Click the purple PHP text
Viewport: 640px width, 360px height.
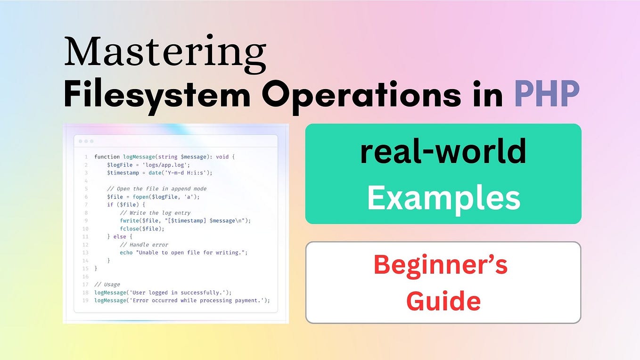(547, 93)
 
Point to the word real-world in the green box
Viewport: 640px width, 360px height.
(443, 151)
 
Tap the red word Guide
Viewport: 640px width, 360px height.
(443, 301)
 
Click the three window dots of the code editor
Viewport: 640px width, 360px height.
(86, 141)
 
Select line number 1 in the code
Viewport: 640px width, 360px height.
(86, 157)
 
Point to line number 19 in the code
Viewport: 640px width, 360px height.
(85, 301)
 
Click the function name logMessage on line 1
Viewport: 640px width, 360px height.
(139, 157)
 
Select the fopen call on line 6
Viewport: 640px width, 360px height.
(166, 197)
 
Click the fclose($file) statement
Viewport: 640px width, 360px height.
(142, 229)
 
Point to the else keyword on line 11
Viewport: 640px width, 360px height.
(120, 237)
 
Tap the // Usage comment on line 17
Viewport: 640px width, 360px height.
(107, 285)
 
